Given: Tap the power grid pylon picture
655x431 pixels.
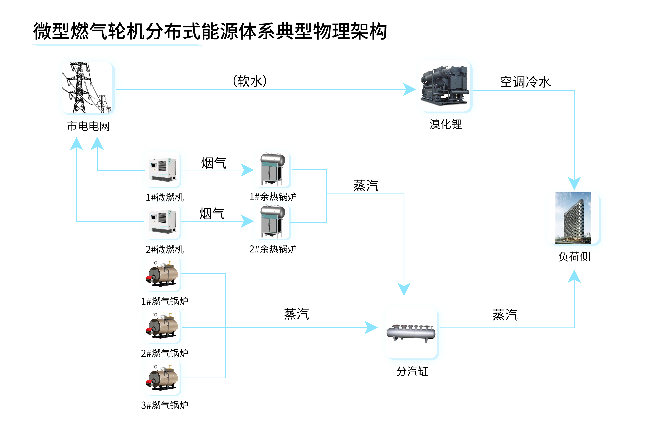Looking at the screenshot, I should pyautogui.click(x=87, y=88).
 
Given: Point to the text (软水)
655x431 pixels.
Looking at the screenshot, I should pyautogui.click(x=250, y=81).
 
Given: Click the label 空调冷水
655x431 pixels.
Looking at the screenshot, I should pyautogui.click(x=525, y=82).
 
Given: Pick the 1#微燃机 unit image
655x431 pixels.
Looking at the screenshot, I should pyautogui.click(x=163, y=169).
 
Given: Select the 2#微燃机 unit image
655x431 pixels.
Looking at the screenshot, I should pyautogui.click(x=163, y=222).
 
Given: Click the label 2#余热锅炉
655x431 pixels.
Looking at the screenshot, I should pyautogui.click(x=273, y=249).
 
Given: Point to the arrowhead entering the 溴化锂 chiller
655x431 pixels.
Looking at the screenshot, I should pyautogui.click(x=409, y=89).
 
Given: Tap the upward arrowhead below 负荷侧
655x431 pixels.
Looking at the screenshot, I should pyautogui.click(x=574, y=277).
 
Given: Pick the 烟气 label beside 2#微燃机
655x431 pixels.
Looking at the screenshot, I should pyautogui.click(x=212, y=214).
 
